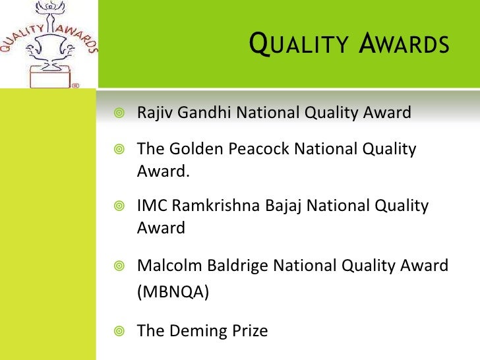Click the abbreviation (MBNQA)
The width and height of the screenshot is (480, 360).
click(173, 292)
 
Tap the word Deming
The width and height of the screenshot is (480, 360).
click(196, 330)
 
